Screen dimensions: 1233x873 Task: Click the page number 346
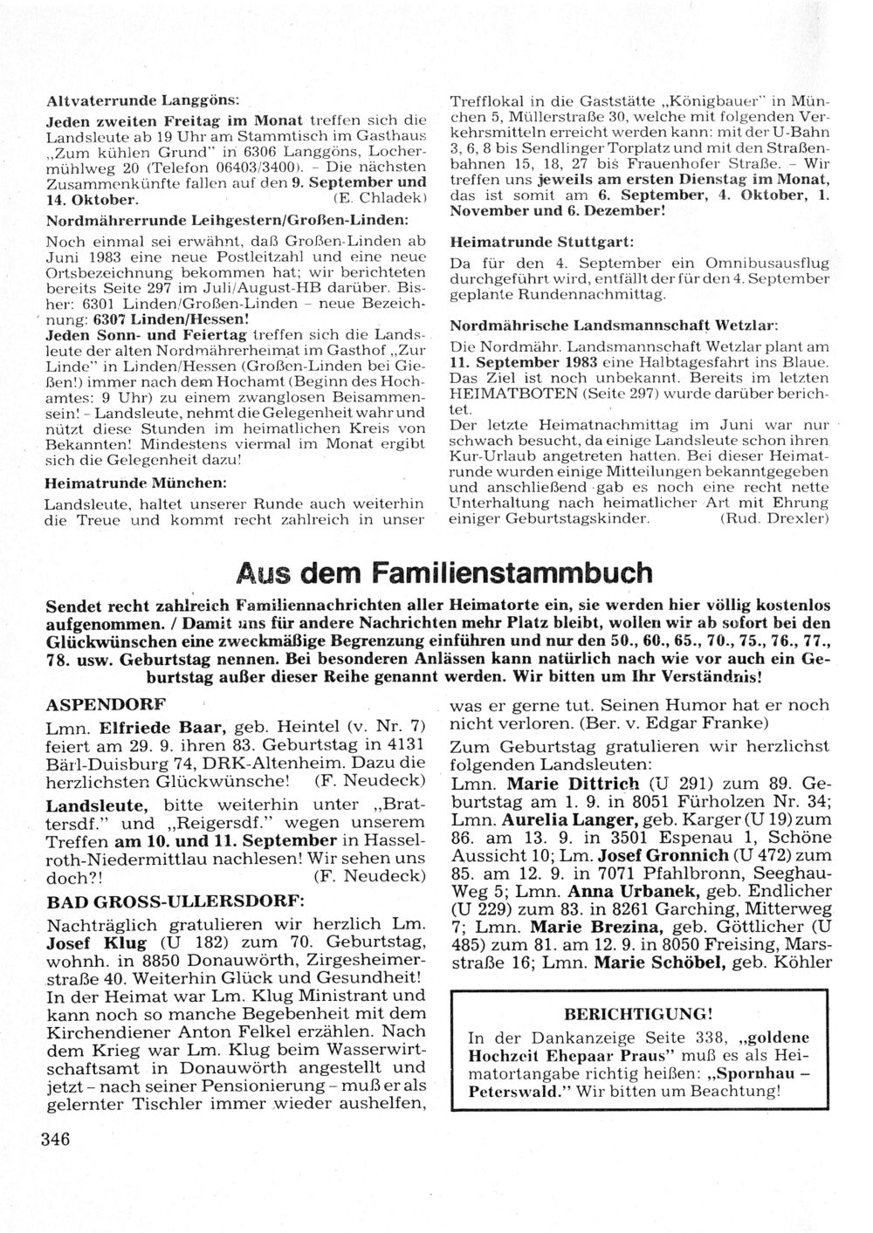click(54, 1138)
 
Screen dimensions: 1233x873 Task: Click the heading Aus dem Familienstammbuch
click(444, 573)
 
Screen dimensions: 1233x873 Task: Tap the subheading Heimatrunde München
click(135, 482)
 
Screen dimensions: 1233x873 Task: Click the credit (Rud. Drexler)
click(773, 519)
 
